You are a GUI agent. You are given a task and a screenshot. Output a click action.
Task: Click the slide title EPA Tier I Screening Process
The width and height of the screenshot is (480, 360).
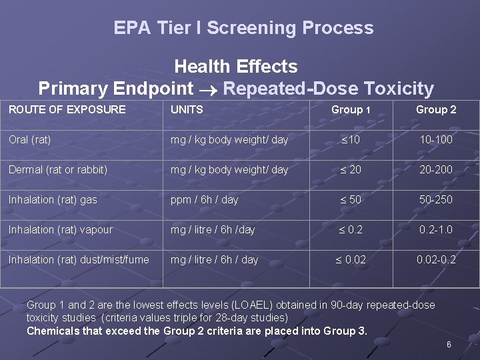[x=243, y=28]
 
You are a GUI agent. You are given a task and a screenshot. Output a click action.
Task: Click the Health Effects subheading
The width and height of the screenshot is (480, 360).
[x=235, y=67]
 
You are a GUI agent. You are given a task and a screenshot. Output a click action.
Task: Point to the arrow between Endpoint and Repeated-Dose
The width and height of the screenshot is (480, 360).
[x=208, y=89]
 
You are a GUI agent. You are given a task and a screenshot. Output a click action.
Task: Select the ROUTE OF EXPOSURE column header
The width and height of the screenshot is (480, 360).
[x=67, y=109]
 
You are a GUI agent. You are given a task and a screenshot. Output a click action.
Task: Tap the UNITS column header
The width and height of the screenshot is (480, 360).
[x=187, y=109]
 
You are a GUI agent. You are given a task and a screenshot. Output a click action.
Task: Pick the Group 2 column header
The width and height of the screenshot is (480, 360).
[x=436, y=109]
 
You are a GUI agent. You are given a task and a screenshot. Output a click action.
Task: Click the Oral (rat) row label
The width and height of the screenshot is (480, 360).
[x=30, y=139]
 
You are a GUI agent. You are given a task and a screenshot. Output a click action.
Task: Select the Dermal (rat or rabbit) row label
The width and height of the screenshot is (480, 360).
[x=58, y=169]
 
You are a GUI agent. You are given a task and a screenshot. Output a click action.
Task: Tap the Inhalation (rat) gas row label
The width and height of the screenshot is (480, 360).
[x=53, y=199]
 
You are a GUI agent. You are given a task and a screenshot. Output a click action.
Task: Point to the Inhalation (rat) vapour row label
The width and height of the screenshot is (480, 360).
[x=61, y=229]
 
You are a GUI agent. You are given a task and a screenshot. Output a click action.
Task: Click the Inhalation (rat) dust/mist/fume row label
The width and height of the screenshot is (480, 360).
[x=79, y=259]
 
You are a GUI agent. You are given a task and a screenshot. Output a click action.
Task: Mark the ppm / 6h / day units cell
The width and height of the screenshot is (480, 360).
[x=204, y=199]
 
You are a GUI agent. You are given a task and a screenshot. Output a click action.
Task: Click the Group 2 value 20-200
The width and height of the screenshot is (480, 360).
[x=436, y=169]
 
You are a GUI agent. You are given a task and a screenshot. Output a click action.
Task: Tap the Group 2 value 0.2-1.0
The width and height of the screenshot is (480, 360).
[x=436, y=229]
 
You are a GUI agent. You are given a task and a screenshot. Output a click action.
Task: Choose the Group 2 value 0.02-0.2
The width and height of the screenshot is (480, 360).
[x=436, y=259]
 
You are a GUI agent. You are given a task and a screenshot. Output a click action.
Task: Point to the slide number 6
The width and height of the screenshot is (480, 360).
[x=449, y=345]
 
